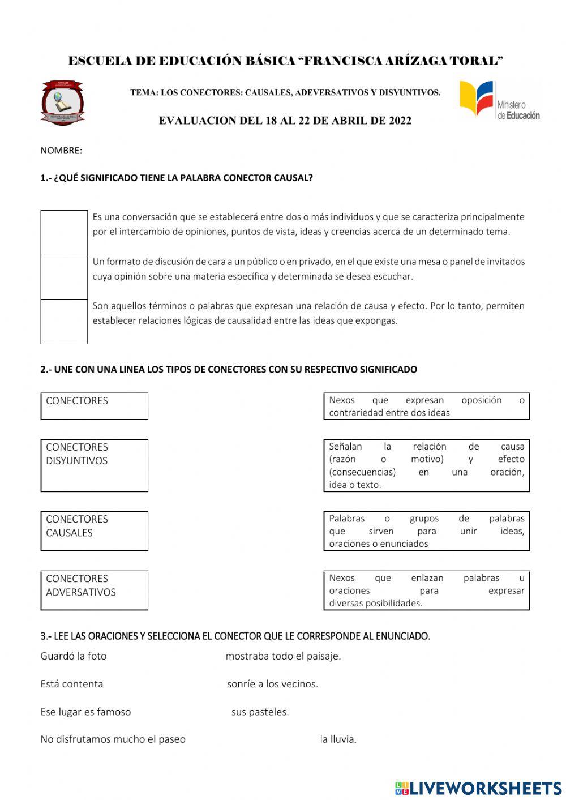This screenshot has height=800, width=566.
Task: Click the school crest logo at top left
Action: coord(62,102)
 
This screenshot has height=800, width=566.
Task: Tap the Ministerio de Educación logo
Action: coord(499,100)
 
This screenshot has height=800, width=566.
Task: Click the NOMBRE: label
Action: coord(61,151)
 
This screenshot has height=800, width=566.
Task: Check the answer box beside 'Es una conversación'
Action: coord(64,233)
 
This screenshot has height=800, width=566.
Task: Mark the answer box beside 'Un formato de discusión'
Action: coord(64,277)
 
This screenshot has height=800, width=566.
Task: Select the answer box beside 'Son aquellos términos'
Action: coord(64,321)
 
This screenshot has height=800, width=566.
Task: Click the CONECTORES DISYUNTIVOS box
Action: coord(94,465)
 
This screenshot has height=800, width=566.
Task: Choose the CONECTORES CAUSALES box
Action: coord(94,531)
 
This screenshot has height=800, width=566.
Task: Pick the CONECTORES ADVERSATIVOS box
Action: coord(94,590)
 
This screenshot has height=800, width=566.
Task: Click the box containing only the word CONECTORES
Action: coord(94,406)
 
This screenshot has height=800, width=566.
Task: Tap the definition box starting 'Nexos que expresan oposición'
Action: coord(426,406)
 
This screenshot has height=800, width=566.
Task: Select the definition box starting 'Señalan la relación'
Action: coord(426,465)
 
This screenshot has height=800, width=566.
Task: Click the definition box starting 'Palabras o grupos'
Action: coord(426,531)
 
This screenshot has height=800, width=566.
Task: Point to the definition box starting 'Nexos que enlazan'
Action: coord(426,591)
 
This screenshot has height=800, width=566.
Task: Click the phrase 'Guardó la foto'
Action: coord(74,656)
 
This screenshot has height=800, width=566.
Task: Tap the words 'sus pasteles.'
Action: coord(260,712)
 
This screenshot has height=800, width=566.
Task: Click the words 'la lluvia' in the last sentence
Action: coord(338,739)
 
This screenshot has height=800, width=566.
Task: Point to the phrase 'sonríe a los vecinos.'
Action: coord(272,684)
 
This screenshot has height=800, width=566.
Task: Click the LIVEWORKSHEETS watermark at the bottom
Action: coord(478,788)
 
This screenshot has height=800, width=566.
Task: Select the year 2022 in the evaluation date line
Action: coord(400,121)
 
